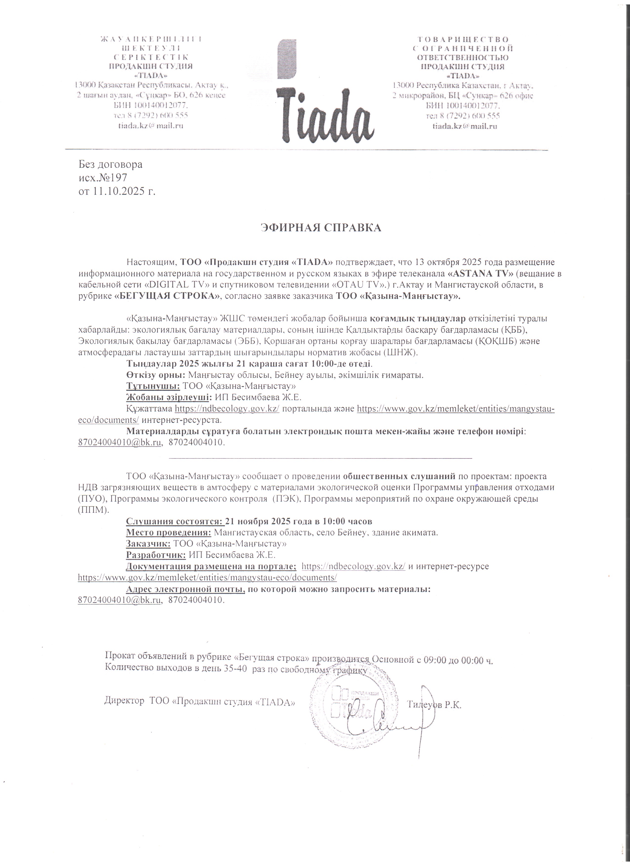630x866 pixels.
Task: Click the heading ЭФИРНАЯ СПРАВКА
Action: (321, 228)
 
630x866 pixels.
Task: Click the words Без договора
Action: (110, 165)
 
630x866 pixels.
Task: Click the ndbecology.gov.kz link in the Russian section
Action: (353, 566)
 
